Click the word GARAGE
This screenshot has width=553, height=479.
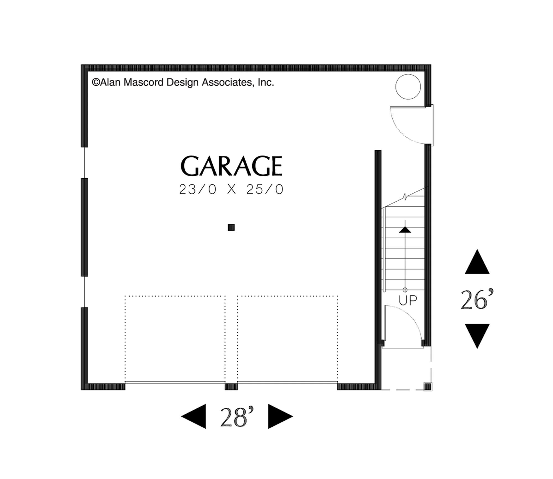[x=231, y=166]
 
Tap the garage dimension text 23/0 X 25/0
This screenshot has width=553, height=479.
[x=231, y=189]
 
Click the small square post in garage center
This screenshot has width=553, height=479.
[x=231, y=227]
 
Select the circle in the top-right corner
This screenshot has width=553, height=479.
[x=408, y=87]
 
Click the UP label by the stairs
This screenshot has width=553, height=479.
[x=408, y=300]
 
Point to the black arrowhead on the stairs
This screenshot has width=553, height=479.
[x=405, y=230]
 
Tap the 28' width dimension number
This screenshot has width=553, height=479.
[x=237, y=417]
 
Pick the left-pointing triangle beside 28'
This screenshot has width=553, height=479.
[x=194, y=416]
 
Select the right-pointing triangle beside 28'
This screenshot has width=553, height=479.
[x=280, y=416]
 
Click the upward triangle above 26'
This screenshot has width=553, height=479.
[x=477, y=262]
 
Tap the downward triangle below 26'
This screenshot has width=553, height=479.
[x=477, y=336]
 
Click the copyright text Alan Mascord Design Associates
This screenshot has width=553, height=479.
[x=183, y=82]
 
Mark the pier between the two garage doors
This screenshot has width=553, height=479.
[x=231, y=387]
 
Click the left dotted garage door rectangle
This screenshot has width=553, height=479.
[x=175, y=296]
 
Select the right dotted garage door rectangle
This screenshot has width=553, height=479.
[x=287, y=296]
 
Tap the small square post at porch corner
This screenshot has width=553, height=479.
[x=428, y=387]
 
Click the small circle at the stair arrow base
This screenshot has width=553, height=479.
[x=405, y=290]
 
